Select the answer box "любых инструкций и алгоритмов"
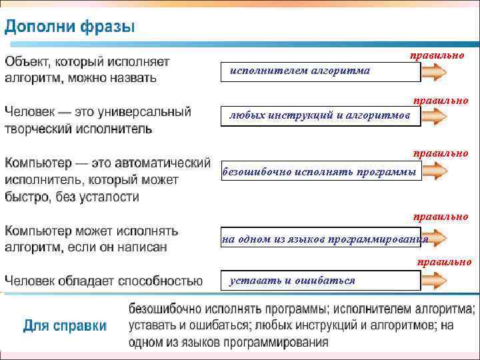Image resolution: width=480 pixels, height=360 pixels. (320, 115)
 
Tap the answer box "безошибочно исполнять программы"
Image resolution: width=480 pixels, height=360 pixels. (320, 172)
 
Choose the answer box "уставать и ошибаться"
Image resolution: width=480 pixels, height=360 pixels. (320, 281)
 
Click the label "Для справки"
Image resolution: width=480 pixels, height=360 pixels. (65, 326)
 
